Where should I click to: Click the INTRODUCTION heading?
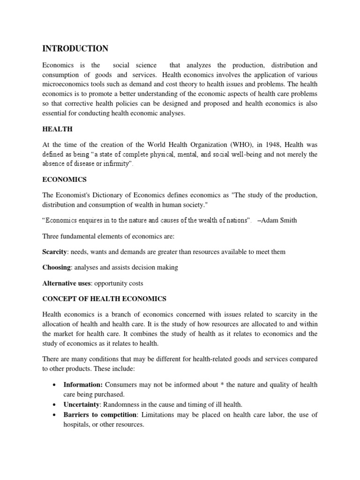click(75, 49)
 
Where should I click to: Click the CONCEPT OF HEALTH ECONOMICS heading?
click(105, 299)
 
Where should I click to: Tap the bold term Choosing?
click(57, 267)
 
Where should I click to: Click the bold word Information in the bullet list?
click(82, 385)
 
